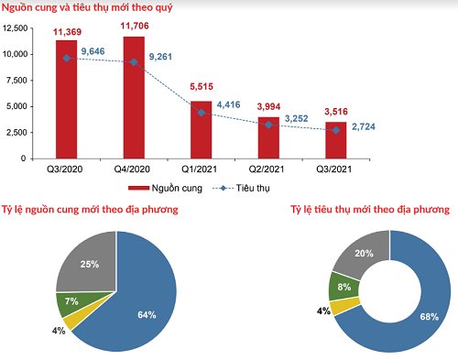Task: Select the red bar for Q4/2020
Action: (x=134, y=101)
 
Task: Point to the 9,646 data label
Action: (x=97, y=52)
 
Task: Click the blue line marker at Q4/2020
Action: (x=134, y=62)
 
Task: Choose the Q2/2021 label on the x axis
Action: (x=269, y=169)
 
